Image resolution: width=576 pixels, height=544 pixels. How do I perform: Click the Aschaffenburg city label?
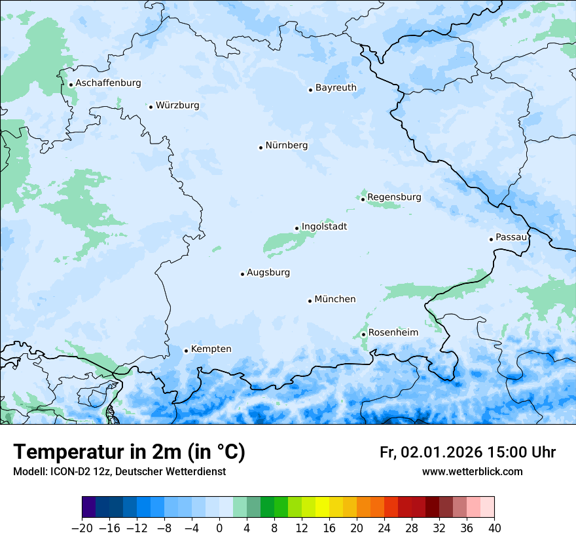coord(108,83)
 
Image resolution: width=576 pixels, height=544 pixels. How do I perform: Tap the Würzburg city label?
coord(177,106)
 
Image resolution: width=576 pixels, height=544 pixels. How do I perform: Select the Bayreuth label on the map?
coord(336,88)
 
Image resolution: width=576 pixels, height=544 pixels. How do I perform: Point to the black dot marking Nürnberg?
coord(261,147)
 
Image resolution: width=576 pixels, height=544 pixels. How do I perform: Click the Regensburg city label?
coord(394,197)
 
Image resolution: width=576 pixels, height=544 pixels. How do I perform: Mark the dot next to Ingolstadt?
coord(297,229)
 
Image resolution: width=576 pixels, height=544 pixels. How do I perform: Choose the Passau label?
coord(511,237)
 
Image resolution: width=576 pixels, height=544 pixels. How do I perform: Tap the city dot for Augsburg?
coord(242,274)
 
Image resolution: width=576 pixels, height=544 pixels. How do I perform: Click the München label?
coord(335,300)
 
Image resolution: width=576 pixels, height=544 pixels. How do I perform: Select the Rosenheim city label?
coord(393,333)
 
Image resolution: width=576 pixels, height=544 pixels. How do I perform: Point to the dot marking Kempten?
coord(186,351)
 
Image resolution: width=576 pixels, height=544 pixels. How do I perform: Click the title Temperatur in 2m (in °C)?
coord(129,452)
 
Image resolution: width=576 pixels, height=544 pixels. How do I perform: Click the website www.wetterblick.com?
coord(472,472)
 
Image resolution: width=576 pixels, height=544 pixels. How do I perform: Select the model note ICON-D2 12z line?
coord(119,472)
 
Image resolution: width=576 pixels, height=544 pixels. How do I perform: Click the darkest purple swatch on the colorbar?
coord(89,507)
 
